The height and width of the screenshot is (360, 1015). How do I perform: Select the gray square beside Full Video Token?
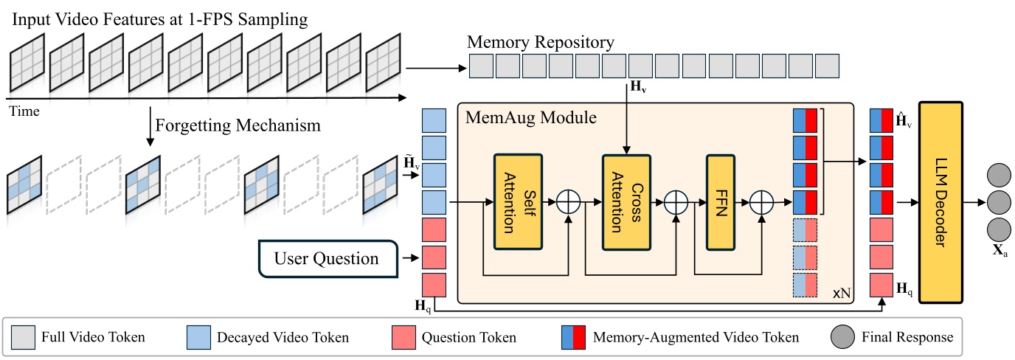pyautogui.click(x=24, y=338)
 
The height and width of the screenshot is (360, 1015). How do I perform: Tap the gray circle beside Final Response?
pyautogui.click(x=845, y=338)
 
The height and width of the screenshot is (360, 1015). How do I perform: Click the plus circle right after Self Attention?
pyautogui.click(x=568, y=201)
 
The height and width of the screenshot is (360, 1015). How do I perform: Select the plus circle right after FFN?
pyautogui.click(x=761, y=201)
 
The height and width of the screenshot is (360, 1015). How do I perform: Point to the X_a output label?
pyautogui.click(x=1000, y=252)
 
